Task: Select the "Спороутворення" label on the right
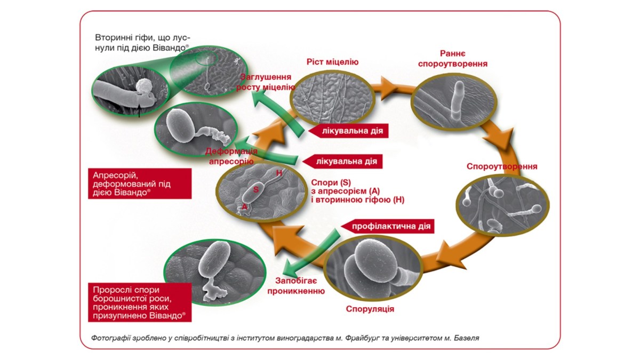(x=501, y=166)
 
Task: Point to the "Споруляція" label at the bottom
(x=370, y=309)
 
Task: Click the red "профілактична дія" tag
(x=390, y=226)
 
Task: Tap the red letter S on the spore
(x=256, y=189)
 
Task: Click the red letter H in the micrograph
(x=278, y=173)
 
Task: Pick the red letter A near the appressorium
(x=244, y=206)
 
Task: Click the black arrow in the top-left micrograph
(x=139, y=110)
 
